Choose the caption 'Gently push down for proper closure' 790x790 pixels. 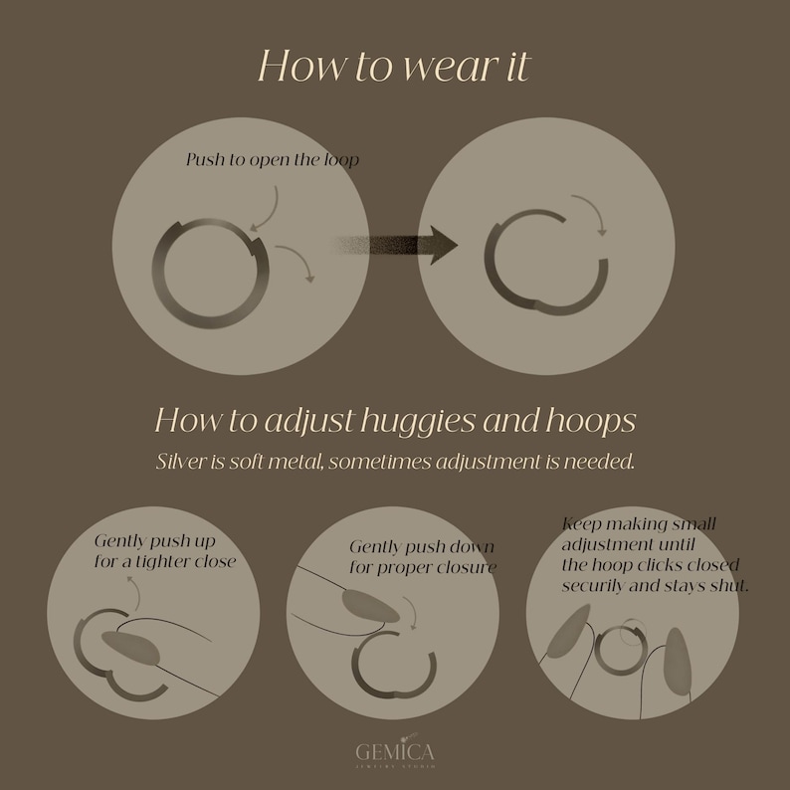click(x=422, y=557)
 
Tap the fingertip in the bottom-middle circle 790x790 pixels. click(x=369, y=605)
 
